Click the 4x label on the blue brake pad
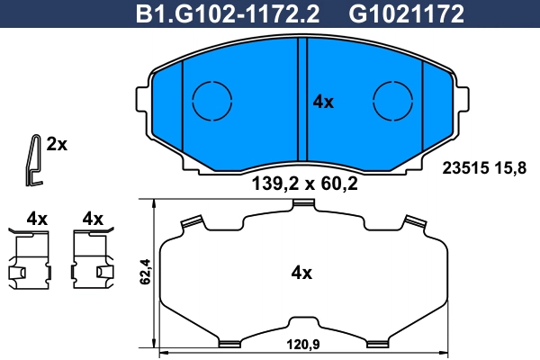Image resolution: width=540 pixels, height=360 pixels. click(322, 103)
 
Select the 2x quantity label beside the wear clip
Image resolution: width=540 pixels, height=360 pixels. click(58, 144)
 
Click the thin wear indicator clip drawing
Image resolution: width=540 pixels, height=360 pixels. click(33, 160)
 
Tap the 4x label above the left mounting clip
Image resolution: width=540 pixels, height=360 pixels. click(36, 219)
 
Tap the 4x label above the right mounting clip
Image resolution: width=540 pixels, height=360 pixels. click(93, 219)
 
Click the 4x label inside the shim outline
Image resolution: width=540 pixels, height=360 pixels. click(301, 272)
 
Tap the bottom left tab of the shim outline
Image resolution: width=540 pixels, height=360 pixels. click(229, 340)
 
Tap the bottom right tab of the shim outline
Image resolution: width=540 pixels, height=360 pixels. click(378, 340)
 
